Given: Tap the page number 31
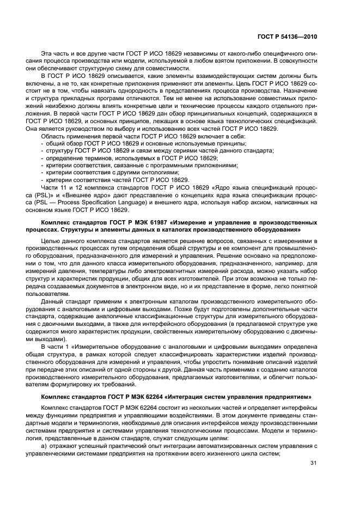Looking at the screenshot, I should [x=313, y=464].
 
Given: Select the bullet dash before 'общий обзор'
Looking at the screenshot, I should [x=42, y=143].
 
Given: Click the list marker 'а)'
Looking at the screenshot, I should [x=44, y=446].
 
